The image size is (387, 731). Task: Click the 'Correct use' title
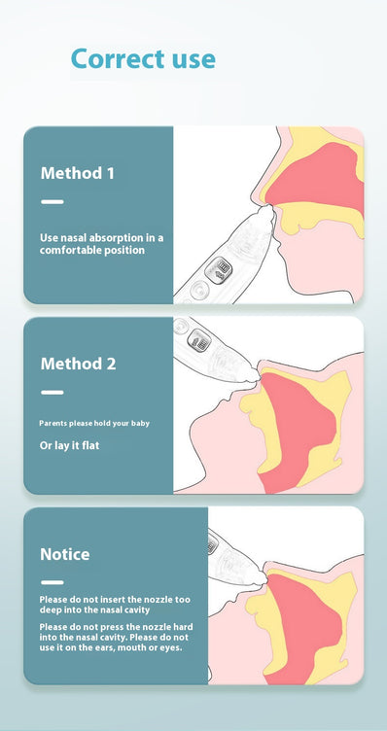point(143,59)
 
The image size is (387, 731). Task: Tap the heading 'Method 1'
point(78,173)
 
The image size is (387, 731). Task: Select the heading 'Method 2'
point(79,364)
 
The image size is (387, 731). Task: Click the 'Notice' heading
point(65,554)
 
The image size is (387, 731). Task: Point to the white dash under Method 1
point(53,202)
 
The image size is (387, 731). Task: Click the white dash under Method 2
point(53,393)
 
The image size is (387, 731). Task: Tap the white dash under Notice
point(53,582)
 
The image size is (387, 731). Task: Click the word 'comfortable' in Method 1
point(66,251)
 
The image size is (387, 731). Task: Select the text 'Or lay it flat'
point(69,445)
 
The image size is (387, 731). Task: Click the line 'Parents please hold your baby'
point(94,424)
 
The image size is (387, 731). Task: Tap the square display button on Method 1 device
point(219,270)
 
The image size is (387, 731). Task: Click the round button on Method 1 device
point(199,291)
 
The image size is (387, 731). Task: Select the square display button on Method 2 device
point(199,340)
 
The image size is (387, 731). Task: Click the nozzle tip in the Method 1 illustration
point(267,210)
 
